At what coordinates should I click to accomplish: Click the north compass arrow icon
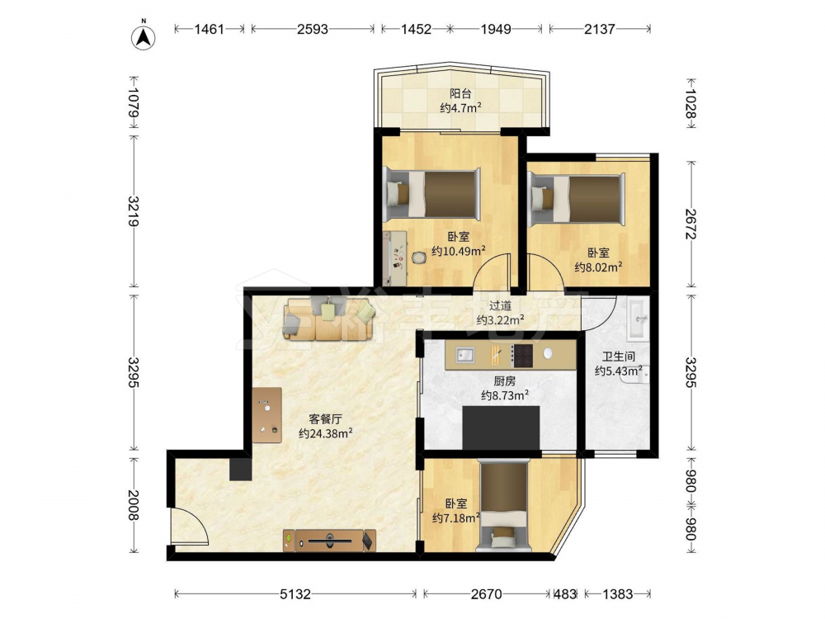click(x=143, y=35)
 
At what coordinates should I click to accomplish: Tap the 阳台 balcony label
click(x=460, y=94)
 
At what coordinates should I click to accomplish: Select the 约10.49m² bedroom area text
click(x=458, y=251)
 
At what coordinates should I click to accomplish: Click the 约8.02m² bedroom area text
click(x=598, y=267)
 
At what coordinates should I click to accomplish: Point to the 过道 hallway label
click(x=500, y=305)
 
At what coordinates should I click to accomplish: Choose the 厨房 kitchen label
click(x=505, y=380)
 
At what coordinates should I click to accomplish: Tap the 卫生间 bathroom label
click(x=618, y=357)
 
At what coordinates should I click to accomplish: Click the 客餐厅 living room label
click(x=325, y=419)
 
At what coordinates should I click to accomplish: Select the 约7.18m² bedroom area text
click(x=455, y=518)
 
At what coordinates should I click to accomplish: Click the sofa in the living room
click(x=329, y=319)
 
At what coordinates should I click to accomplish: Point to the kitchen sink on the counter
click(x=464, y=355)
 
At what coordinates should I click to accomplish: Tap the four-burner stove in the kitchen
click(x=522, y=355)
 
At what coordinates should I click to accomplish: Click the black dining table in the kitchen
click(x=501, y=428)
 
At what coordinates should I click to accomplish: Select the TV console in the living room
click(x=330, y=541)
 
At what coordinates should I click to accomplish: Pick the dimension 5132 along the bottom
click(x=295, y=594)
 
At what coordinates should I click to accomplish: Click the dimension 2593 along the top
click(x=313, y=29)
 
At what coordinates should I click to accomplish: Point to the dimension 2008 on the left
click(x=134, y=505)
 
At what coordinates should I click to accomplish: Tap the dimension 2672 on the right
click(x=691, y=224)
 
